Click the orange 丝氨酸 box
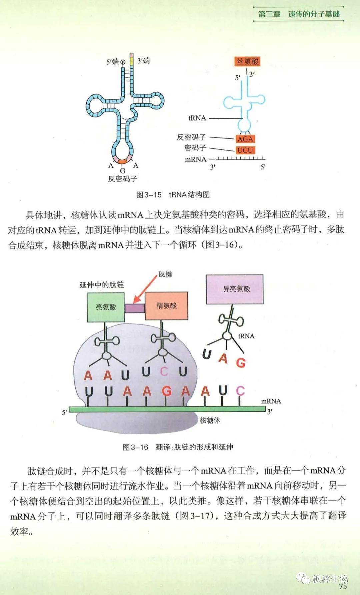[247, 61]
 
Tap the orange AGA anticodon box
[245, 139]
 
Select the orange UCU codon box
[245, 150]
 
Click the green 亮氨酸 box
[106, 307]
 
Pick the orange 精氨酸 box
[166, 306]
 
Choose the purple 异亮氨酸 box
[235, 289]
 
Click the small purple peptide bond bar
[135, 308]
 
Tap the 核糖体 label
[210, 420]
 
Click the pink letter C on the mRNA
[240, 391]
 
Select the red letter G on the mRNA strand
[166, 391]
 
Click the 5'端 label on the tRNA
[112, 62]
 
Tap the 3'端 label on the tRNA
[144, 61]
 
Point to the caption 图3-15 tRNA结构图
[173, 195]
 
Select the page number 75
[342, 586]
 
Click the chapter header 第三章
[269, 14]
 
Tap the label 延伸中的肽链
[102, 285]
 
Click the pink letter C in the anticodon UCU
[164, 371]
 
